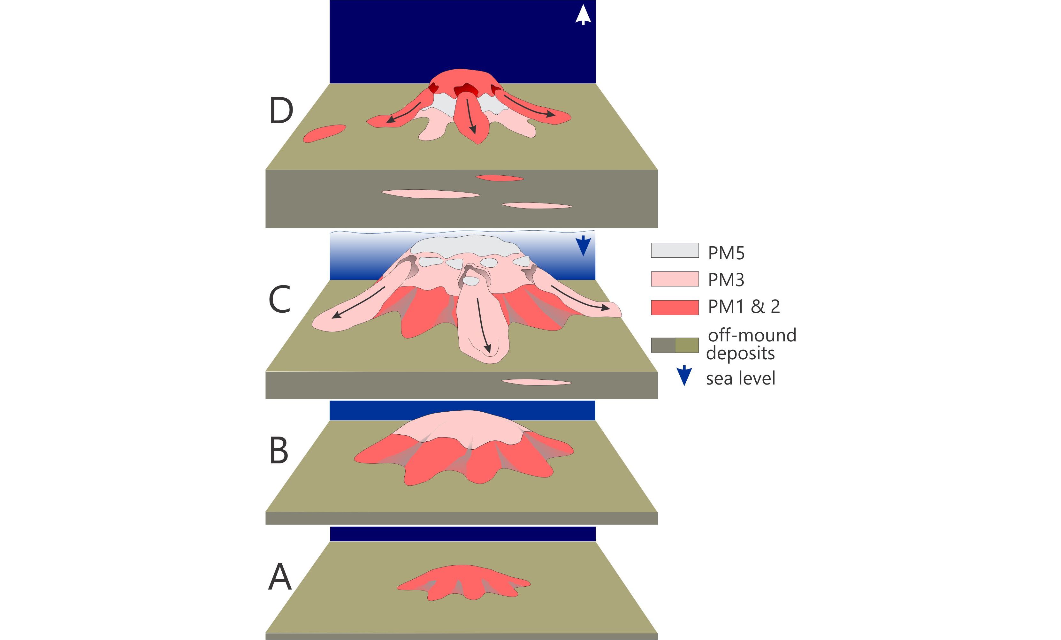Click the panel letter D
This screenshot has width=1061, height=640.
[281, 111]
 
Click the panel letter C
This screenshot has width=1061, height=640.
[279, 299]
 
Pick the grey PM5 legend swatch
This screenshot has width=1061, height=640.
[675, 250]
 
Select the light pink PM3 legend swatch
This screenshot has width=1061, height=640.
[675, 279]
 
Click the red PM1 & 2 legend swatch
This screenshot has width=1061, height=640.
[675, 308]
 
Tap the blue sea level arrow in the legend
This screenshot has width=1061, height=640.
[684, 376]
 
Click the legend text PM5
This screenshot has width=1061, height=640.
[726, 253]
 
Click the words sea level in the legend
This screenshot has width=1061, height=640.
[741, 378]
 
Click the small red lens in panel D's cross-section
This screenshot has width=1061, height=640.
[500, 178]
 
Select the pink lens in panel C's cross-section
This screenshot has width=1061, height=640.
[537, 382]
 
